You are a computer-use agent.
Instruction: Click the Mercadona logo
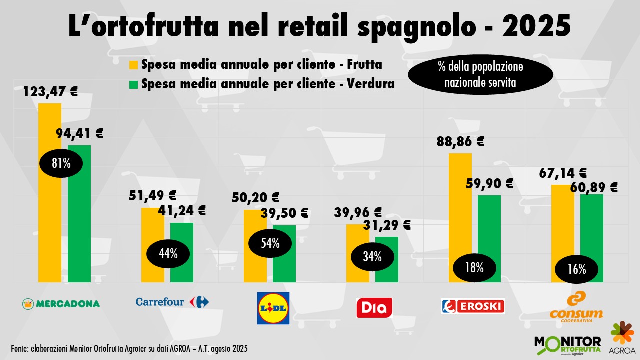[61, 303]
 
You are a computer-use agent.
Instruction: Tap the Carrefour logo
[172, 302]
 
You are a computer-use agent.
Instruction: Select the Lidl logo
[273, 308]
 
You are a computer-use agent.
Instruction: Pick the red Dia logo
[374, 307]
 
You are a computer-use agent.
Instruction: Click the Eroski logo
[473, 306]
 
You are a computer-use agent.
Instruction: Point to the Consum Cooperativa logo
[576, 305]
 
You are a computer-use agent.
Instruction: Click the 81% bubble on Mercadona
[61, 163]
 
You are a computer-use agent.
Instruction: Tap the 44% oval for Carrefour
[168, 254]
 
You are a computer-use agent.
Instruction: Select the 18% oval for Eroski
[474, 267]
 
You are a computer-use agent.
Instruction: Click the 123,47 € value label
[50, 92]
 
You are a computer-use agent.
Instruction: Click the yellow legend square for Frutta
[133, 65]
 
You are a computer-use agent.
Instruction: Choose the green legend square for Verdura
[133, 84]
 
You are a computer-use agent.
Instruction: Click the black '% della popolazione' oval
[480, 75]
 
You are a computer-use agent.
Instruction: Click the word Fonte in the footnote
[19, 348]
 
